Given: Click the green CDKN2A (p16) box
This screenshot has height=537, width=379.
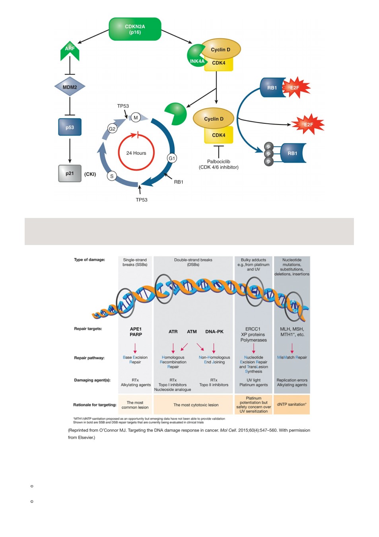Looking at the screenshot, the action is pyautogui.click(x=135, y=29).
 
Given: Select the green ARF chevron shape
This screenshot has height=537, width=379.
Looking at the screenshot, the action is pyautogui.click(x=70, y=51).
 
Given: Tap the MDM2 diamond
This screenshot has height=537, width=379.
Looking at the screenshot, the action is pyautogui.click(x=70, y=87).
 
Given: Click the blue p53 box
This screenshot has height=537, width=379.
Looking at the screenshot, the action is pyautogui.click(x=70, y=127).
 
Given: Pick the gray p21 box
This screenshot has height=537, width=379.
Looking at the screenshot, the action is pyautogui.click(x=70, y=173).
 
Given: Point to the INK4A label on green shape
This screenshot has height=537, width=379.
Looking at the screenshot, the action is pyautogui.click(x=197, y=61).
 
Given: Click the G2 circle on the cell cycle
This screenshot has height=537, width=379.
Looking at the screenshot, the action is pyautogui.click(x=112, y=129).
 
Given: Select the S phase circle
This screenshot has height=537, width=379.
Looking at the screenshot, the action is pyautogui.click(x=112, y=176).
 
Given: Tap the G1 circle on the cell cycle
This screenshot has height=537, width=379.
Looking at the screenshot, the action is pyautogui.click(x=172, y=158).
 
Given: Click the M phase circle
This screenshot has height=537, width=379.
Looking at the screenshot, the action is pyautogui.click(x=136, y=117).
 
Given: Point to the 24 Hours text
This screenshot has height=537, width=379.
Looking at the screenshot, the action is pyautogui.click(x=136, y=153).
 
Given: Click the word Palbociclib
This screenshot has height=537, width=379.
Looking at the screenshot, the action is pyautogui.click(x=218, y=161).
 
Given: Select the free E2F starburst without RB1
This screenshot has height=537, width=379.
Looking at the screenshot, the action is pyautogui.click(x=308, y=125).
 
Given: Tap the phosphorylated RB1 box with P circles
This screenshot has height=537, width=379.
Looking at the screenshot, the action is pyautogui.click(x=285, y=154).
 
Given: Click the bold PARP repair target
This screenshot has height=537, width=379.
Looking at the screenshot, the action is pyautogui.click(x=136, y=335).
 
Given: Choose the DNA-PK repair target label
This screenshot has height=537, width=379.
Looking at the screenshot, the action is pyautogui.click(x=214, y=332).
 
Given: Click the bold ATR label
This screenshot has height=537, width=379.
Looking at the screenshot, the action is pyautogui.click(x=173, y=332).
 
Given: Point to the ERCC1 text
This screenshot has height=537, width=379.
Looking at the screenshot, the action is pyautogui.click(x=253, y=329).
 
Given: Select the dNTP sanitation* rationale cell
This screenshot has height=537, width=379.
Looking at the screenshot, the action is pyautogui.click(x=292, y=405).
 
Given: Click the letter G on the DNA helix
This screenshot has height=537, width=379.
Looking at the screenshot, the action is pyautogui.click(x=295, y=311).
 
